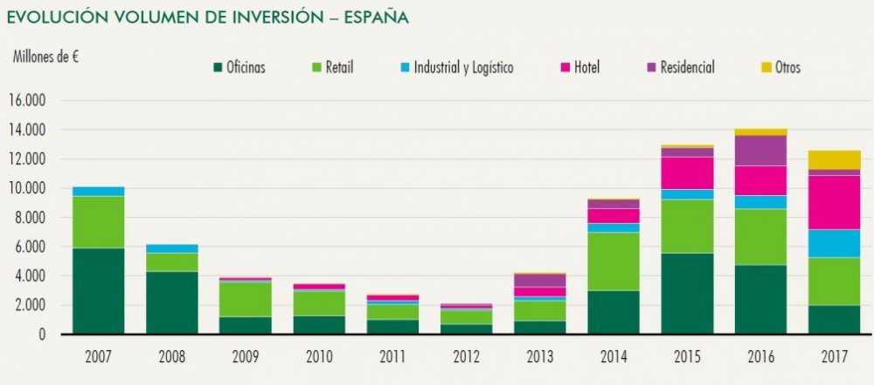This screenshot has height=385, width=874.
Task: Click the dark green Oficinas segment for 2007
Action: coord(97,290)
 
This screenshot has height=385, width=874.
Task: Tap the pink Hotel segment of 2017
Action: coord(834,202)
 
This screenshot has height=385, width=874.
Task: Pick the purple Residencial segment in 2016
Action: coord(760,150)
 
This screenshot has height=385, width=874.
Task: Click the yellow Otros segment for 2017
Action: coord(834,159)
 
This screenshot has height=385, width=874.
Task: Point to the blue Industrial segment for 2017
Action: coord(834,243)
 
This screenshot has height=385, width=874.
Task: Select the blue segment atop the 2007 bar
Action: coord(97,191)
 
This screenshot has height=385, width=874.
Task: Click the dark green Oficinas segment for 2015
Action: coord(687,293)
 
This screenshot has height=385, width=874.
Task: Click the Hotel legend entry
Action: coord(586,67)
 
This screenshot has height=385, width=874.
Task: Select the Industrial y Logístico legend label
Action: coord(463,67)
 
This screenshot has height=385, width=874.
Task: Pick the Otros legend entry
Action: coord(786,67)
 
